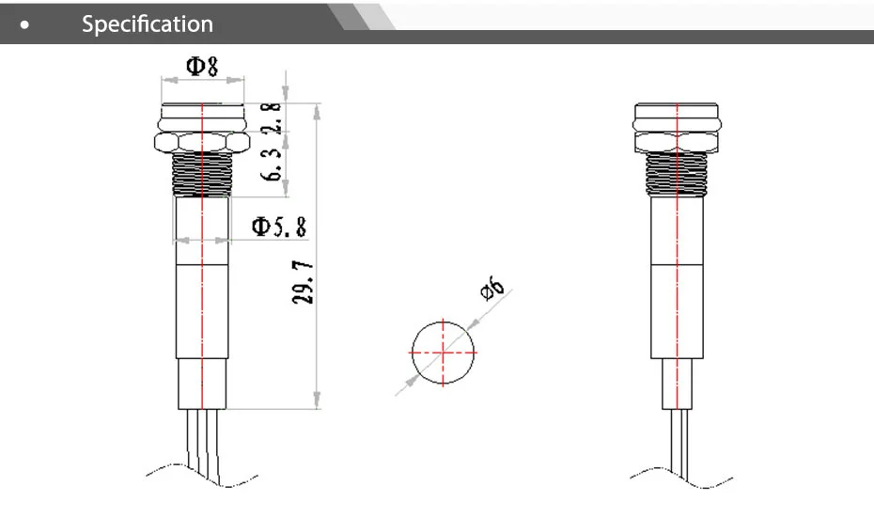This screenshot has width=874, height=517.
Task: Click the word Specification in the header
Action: [x=148, y=23]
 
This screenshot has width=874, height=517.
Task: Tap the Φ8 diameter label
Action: [x=202, y=66]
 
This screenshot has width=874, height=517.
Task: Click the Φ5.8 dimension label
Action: [x=278, y=227]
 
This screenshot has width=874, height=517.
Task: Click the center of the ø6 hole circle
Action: [x=443, y=352]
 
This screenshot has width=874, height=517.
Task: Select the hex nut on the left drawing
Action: [x=202, y=142]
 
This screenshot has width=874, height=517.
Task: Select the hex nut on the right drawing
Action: [x=678, y=142]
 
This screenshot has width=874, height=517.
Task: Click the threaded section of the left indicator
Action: [x=202, y=176]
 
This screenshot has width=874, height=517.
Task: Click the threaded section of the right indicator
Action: [x=678, y=176]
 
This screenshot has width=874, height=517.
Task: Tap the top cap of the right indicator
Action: [x=678, y=116]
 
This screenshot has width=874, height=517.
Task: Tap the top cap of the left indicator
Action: [x=202, y=116]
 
